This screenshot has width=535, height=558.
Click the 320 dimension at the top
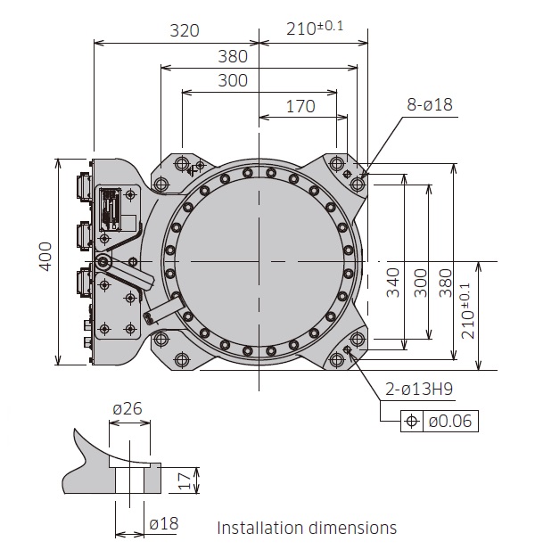185,29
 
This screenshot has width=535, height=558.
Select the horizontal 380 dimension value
233,56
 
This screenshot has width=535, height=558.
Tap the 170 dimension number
300,106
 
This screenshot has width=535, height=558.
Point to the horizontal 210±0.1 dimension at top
315,28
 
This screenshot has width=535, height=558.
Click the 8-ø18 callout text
430,105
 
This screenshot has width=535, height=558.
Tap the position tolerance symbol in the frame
412,421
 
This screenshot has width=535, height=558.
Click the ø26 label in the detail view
128,409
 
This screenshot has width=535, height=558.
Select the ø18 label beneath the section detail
163,524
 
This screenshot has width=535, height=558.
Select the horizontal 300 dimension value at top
233,81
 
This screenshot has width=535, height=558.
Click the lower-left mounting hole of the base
182,359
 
